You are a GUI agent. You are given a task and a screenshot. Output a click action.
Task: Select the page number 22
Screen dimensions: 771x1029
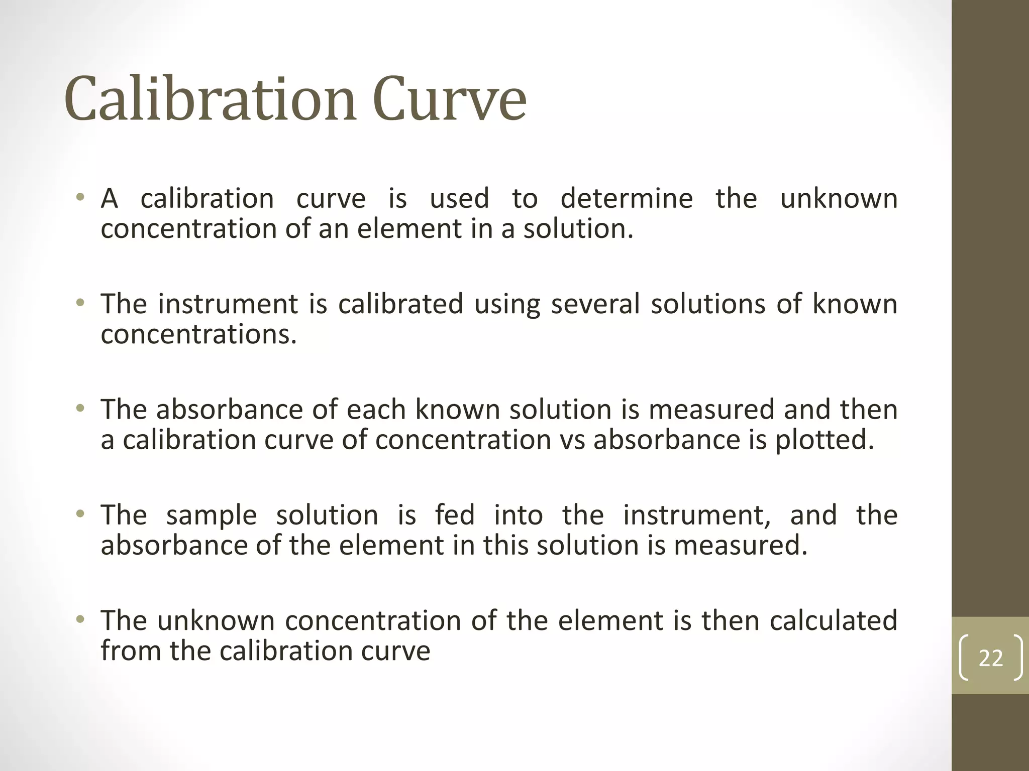click(x=990, y=658)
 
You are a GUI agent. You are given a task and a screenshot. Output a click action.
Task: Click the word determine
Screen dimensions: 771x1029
click(x=627, y=198)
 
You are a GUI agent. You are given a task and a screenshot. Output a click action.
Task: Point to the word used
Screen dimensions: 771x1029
click(x=459, y=198)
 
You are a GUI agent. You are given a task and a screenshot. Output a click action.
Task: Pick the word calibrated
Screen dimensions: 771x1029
click(x=400, y=304)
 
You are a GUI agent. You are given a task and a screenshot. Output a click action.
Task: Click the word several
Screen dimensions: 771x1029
click(x=595, y=304)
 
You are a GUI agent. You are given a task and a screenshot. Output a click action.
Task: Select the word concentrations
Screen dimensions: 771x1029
click(x=198, y=334)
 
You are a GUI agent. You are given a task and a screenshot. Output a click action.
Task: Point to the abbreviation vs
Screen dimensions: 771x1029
click(x=571, y=440)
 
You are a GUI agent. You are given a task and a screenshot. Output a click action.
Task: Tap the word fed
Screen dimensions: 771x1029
click(x=455, y=515)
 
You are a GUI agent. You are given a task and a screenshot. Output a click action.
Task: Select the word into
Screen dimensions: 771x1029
click(x=518, y=515)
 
